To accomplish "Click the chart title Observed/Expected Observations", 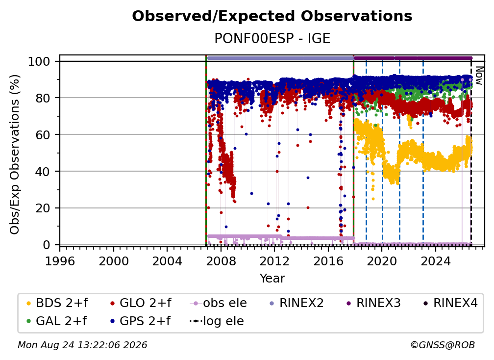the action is [272, 16].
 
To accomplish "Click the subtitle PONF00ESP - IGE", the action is [272, 38].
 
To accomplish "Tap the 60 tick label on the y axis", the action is [43, 135].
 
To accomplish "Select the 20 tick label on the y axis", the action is [43, 208].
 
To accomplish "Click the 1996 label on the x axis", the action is [60, 261].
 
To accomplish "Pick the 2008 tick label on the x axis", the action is [221, 261].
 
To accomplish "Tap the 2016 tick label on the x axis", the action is [328, 261].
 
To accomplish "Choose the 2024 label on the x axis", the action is [435, 261].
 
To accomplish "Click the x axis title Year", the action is [272, 279].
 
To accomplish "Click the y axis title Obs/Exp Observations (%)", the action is [15, 154].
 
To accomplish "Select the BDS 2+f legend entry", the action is [57, 303].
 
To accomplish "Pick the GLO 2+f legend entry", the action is [141, 303].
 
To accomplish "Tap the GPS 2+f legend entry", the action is [140, 321].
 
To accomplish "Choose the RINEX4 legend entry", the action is [450, 303].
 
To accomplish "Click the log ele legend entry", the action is [217, 321].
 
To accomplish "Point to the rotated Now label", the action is [479, 76].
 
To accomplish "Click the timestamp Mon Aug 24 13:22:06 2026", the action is [82, 345].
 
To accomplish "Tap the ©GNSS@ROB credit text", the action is [443, 345].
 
